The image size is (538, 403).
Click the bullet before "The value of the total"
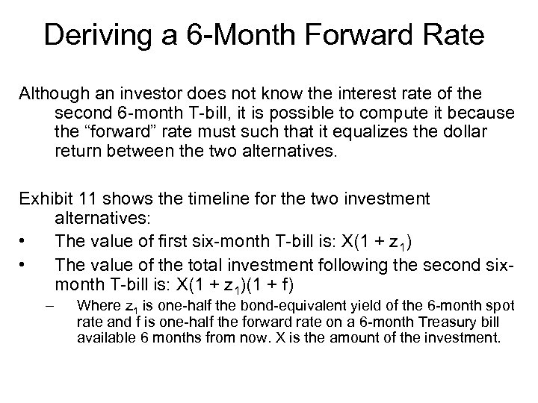tap(25, 263)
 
